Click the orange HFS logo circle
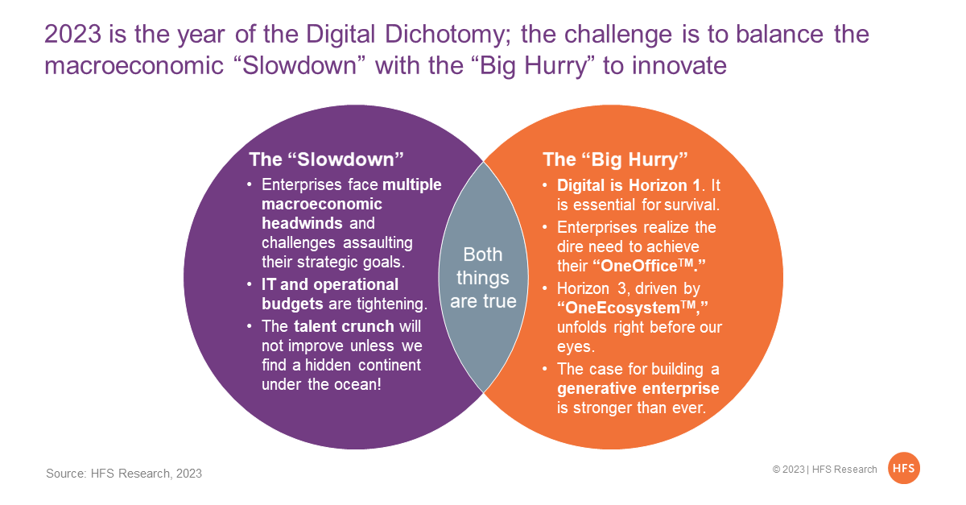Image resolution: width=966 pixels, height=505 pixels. coord(903,468)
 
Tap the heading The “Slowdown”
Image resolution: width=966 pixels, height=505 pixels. coord(326,159)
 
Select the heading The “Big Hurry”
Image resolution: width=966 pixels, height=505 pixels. coord(615,159)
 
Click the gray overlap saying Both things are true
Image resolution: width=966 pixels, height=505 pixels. coord(483,278)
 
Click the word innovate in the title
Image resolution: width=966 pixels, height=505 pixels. coord(665,65)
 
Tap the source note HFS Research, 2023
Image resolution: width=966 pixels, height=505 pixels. coord(124,474)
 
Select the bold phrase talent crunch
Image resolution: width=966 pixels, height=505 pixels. coord(344,326)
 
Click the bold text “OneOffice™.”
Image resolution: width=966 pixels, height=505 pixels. coord(649,266)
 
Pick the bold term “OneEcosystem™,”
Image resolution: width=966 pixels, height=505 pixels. coord(632,308)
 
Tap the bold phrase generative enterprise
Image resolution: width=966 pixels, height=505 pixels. coord(638,388)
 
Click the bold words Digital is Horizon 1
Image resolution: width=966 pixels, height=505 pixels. coord(629,185)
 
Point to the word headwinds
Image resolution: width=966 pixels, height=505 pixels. coord(302,223)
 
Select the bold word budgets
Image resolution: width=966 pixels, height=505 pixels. coord(292,304)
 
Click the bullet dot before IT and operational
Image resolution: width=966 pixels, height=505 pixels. coord(250,284)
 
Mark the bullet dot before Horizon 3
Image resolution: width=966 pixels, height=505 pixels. coord(545,288)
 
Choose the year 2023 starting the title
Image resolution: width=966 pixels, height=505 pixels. coord(73,34)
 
